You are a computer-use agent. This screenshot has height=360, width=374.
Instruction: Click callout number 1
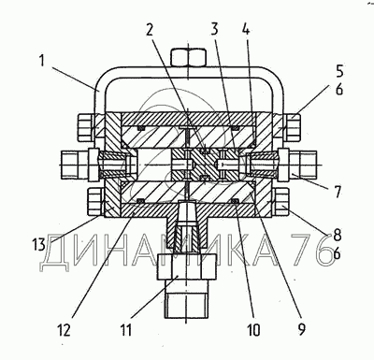click(42, 62)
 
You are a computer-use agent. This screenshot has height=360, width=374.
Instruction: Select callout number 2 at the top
click(150, 30)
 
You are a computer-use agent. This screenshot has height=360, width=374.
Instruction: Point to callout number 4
click(246, 30)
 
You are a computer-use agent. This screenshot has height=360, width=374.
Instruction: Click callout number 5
click(339, 71)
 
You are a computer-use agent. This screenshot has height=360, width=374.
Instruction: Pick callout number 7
click(338, 193)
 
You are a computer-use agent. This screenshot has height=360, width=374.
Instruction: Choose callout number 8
click(337, 236)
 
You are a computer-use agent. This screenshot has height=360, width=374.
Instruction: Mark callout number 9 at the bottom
click(302, 329)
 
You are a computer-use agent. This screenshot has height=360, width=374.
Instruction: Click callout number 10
click(254, 329)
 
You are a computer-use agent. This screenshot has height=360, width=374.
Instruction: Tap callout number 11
click(125, 330)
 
